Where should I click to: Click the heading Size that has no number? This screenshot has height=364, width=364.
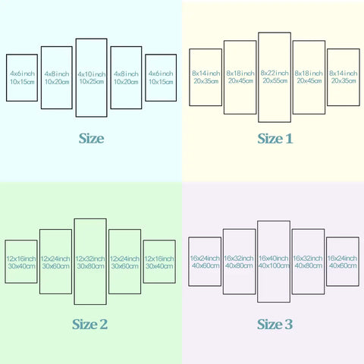coord(91,139)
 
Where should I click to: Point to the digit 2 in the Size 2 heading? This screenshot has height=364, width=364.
coord(103,325)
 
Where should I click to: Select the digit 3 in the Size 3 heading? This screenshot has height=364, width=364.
coord(288,325)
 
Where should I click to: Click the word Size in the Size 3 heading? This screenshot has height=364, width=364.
coord(269,325)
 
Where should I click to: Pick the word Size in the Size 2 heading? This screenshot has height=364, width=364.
coord(84,325)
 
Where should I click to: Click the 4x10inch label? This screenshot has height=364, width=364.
coord(92,74)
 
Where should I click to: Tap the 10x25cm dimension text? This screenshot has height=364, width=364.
coord(92,81)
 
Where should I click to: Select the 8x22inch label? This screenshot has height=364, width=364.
coord(275,73)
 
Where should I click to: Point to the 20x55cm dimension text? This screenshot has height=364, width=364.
coord(275,80)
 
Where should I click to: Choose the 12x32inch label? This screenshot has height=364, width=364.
coord(90,259)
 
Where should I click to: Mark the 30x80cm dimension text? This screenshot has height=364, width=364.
coord(90,266)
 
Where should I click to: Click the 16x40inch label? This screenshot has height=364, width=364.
coord(274,258)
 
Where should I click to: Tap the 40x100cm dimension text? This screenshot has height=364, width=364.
coord(274,265)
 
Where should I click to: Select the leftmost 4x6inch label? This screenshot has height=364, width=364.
coord(22,74)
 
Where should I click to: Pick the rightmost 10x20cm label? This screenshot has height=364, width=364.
coord(126,82)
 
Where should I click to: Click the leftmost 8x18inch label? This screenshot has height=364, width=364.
coord(240,74)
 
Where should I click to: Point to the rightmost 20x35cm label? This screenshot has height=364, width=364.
coord(344,80)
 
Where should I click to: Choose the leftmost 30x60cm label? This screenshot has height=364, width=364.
coord(55,266)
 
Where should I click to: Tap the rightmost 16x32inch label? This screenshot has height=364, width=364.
coord(308,258)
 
